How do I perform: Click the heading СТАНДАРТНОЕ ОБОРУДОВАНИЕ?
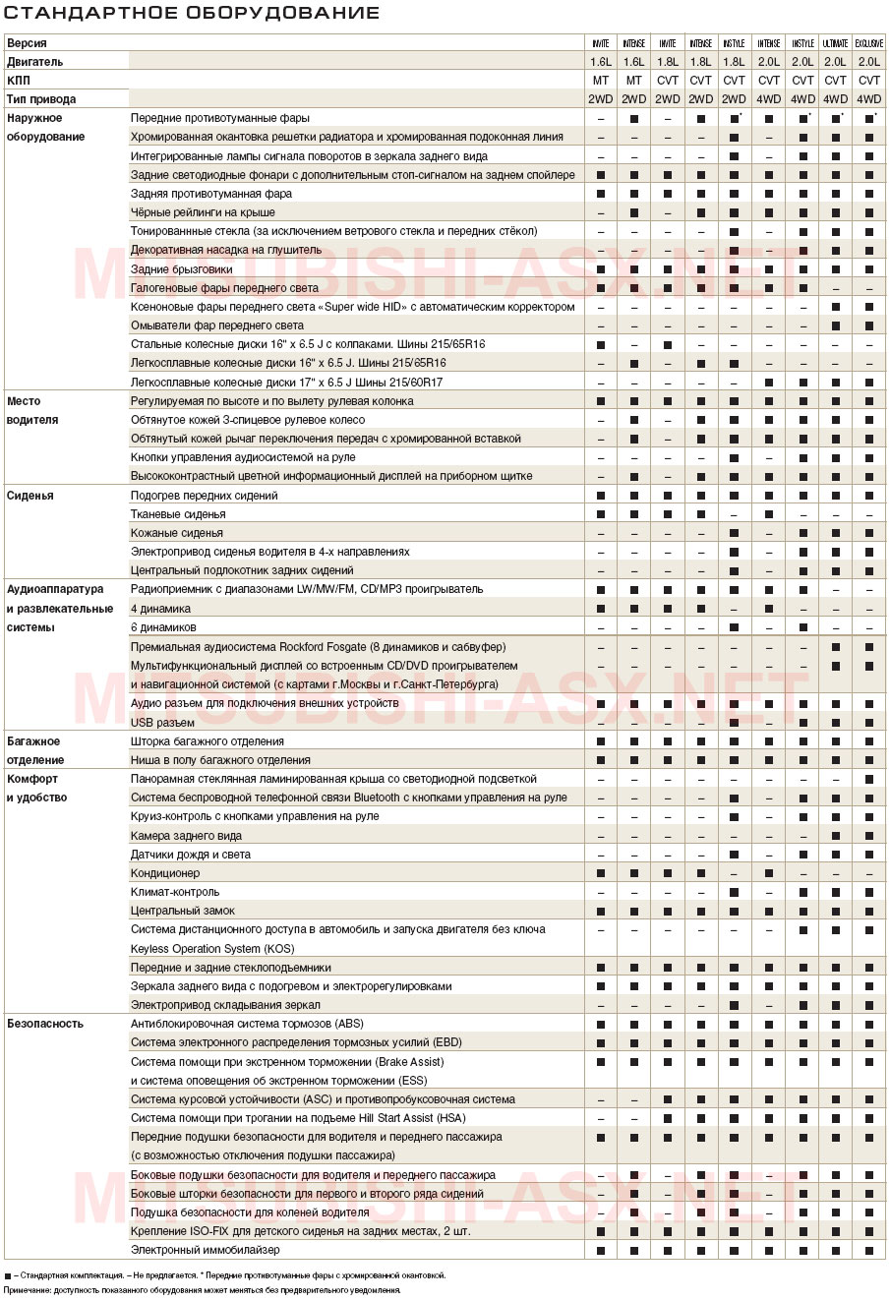click(193, 13)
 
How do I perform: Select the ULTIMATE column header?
click(835, 43)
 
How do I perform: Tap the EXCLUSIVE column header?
click(869, 43)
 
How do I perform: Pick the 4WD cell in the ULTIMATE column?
click(835, 99)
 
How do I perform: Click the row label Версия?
click(27, 43)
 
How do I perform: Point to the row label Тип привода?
click(41, 99)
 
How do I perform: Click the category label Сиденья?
click(30, 496)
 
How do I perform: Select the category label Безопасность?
click(45, 1024)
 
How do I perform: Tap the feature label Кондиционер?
click(165, 873)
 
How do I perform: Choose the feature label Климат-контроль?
click(175, 892)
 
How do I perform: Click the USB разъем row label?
click(162, 723)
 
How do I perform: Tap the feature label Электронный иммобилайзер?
click(205, 1250)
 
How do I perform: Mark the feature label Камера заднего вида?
click(186, 836)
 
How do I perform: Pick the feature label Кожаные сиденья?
click(177, 533)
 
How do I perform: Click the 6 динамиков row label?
click(163, 627)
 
